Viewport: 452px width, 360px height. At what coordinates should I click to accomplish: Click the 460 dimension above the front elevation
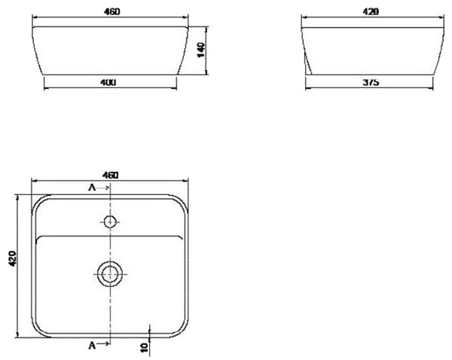[111, 12]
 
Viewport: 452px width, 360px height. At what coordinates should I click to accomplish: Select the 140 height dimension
[201, 50]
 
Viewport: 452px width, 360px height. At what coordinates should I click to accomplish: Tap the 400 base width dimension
[108, 82]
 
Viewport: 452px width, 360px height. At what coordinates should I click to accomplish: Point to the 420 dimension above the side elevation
[371, 12]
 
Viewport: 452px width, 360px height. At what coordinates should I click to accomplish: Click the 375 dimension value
[371, 82]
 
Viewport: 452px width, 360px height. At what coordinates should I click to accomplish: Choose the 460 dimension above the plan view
[111, 175]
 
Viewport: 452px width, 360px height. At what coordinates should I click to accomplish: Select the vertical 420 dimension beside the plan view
[13, 258]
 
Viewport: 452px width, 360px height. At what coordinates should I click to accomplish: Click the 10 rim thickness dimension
[144, 347]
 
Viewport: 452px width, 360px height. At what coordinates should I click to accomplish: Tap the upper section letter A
[92, 188]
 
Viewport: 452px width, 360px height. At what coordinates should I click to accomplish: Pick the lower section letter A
[92, 345]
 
